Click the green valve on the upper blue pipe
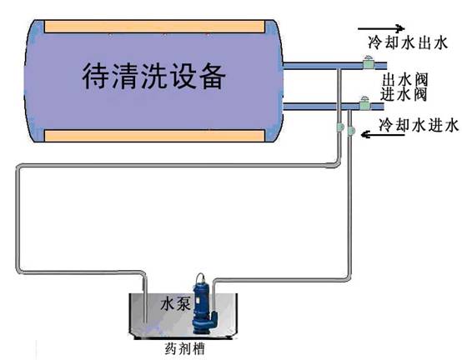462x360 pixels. coord(365,61)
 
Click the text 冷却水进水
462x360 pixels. coord(418,126)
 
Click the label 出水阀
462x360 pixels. coord(404,80)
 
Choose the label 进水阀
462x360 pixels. coord(404,93)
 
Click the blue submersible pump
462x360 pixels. coord(202,309)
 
